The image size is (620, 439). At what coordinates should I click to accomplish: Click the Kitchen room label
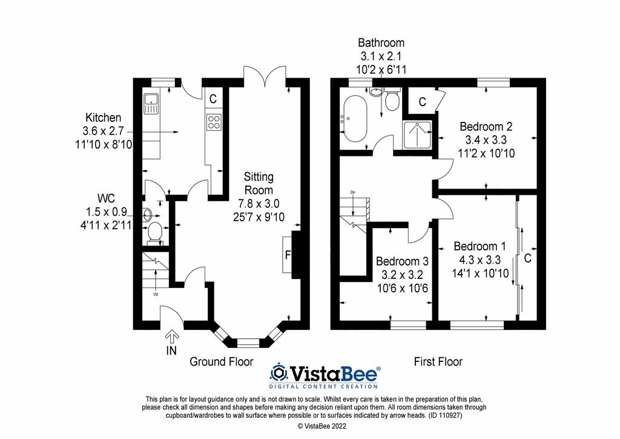tap(103, 118)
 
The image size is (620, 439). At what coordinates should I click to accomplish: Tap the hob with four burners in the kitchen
tap(214, 121)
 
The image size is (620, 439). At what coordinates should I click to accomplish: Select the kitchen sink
tap(151, 103)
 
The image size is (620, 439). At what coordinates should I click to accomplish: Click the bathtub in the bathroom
tap(355, 118)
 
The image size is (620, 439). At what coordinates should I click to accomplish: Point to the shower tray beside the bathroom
tap(417, 135)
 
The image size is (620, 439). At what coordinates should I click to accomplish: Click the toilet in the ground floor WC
tap(154, 232)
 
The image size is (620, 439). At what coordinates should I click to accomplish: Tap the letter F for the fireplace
tap(288, 255)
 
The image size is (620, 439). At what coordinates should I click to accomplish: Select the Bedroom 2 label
tap(486, 127)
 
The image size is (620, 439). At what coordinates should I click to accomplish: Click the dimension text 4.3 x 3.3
tap(480, 260)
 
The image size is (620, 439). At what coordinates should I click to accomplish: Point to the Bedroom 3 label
tap(402, 261)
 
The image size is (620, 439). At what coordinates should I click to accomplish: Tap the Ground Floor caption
tap(222, 361)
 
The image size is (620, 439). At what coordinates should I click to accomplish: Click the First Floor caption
tap(438, 361)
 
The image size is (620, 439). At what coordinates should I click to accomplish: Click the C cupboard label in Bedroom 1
tap(527, 258)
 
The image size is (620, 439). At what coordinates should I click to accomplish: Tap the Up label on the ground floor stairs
tap(156, 294)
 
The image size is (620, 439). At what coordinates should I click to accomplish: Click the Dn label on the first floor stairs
tap(353, 192)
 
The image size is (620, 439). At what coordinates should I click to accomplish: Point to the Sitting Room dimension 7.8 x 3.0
tap(259, 204)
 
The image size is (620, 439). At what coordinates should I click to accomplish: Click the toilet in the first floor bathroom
tap(392, 99)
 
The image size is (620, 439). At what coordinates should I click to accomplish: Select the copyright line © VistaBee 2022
tap(322, 426)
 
